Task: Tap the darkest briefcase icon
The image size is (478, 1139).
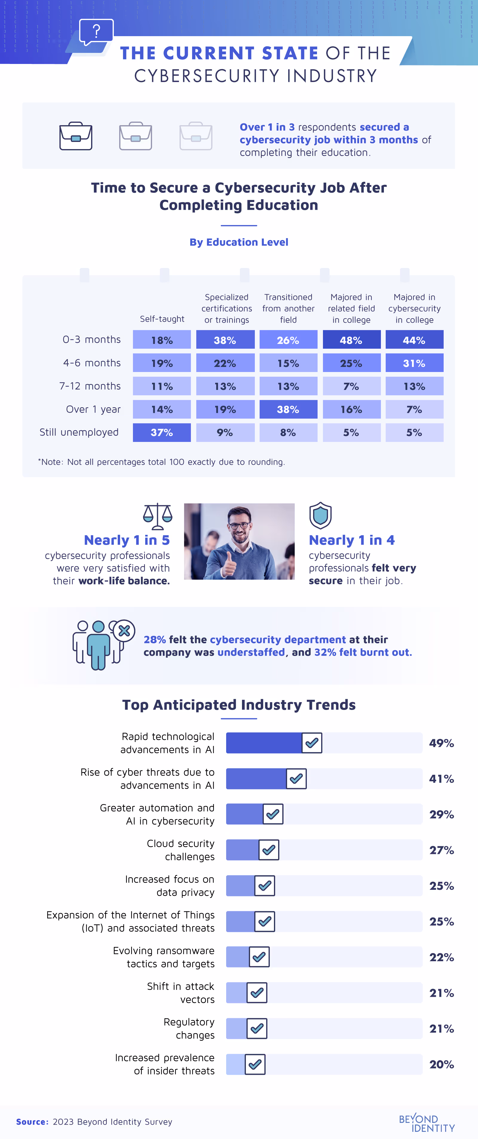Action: [76, 136]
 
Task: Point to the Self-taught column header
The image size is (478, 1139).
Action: [162, 319]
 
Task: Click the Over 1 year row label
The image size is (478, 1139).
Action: [93, 409]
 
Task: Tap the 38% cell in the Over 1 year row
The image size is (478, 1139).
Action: [288, 409]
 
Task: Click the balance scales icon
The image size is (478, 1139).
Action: [157, 516]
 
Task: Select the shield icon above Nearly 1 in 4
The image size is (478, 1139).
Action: [320, 515]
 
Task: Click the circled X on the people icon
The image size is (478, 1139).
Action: [124, 631]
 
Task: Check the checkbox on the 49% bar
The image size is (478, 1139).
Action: [312, 743]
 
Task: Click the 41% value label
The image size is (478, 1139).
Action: [441, 779]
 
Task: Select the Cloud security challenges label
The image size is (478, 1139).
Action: [180, 850]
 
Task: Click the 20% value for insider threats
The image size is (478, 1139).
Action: [441, 1064]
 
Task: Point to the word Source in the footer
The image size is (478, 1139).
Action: [32, 1122]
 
